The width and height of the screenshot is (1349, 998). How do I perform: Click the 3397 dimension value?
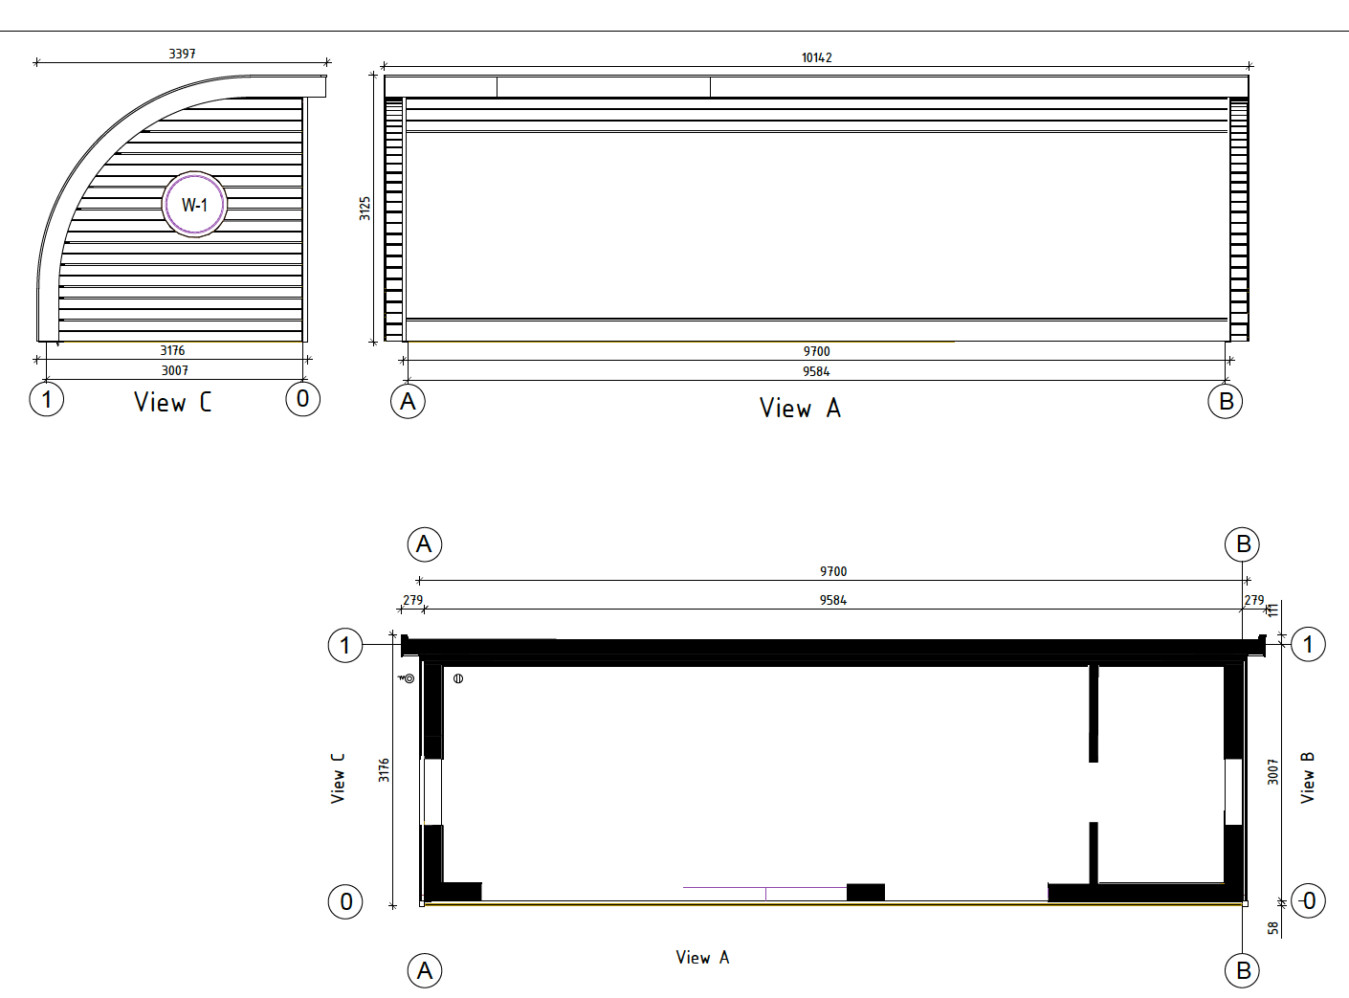coord(182,54)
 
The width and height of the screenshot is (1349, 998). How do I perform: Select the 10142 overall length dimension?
coord(816,57)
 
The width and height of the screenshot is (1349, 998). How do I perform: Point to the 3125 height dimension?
coord(365,209)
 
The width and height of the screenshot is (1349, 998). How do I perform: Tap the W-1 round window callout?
coord(194,205)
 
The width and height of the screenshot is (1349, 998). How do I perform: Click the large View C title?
coord(173,402)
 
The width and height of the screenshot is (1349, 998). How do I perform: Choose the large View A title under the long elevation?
coord(801,408)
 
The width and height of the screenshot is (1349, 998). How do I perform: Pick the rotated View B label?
coord(1307,778)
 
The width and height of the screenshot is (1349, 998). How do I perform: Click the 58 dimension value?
coord(1273,928)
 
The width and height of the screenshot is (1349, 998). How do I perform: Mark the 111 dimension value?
coord(1272,610)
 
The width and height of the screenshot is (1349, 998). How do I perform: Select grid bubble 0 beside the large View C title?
coord(303,399)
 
